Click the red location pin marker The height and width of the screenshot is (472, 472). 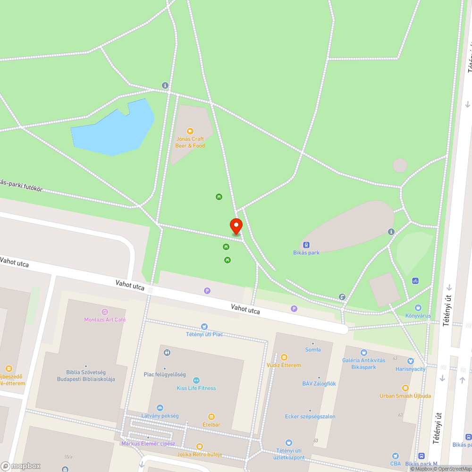(x=236, y=226)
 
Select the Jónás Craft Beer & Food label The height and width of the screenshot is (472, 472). (x=190, y=143)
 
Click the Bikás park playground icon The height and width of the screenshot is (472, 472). (x=306, y=244)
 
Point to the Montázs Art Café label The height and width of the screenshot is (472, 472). (x=105, y=320)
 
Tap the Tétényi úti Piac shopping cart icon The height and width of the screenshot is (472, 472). (x=204, y=326)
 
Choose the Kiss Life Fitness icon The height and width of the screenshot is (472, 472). (x=196, y=380)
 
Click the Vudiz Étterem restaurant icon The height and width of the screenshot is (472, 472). (x=284, y=357)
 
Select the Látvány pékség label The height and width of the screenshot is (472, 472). (x=160, y=416)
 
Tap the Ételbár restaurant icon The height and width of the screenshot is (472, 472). (x=211, y=417)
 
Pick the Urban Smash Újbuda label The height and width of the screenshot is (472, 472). (x=405, y=396)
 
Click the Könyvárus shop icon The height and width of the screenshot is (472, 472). (x=418, y=308)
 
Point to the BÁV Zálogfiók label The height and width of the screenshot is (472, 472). (x=319, y=384)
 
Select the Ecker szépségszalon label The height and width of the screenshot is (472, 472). (x=310, y=416)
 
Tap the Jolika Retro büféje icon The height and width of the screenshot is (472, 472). (x=199, y=447)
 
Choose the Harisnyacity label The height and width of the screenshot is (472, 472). (x=410, y=369)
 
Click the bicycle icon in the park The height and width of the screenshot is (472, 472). (x=415, y=280)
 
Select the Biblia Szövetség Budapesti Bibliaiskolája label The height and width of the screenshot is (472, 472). (x=86, y=376)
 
